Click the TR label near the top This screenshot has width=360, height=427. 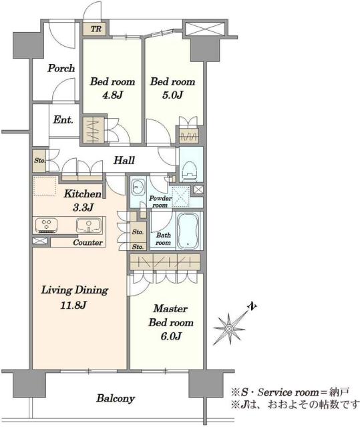pyautogui.click(x=96, y=29)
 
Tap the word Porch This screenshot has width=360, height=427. pyautogui.click(x=61, y=68)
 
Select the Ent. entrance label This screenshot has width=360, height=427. pyautogui.click(x=63, y=119)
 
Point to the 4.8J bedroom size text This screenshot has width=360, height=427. pyautogui.click(x=113, y=95)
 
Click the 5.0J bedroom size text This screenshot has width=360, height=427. pyautogui.click(x=172, y=95)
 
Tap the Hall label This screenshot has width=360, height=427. pyautogui.click(x=124, y=160)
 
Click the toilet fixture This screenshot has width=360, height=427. pyautogui.click(x=190, y=171)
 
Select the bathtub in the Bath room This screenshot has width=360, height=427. pyautogui.click(x=188, y=231)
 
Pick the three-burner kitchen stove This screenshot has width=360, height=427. pyautogui.click(x=46, y=226)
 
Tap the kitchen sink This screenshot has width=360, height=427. pyautogui.click(x=89, y=226)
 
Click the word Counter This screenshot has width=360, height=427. pyautogui.click(x=87, y=242)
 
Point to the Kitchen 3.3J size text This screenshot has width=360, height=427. pyautogui.click(x=83, y=207)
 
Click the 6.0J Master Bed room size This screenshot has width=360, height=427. pyautogui.click(x=171, y=336)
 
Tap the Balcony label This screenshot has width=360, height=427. pyautogui.click(x=116, y=398)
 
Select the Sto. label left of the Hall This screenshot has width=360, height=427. pyautogui.click(x=40, y=161)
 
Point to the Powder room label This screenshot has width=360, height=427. pyautogui.click(x=160, y=201)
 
